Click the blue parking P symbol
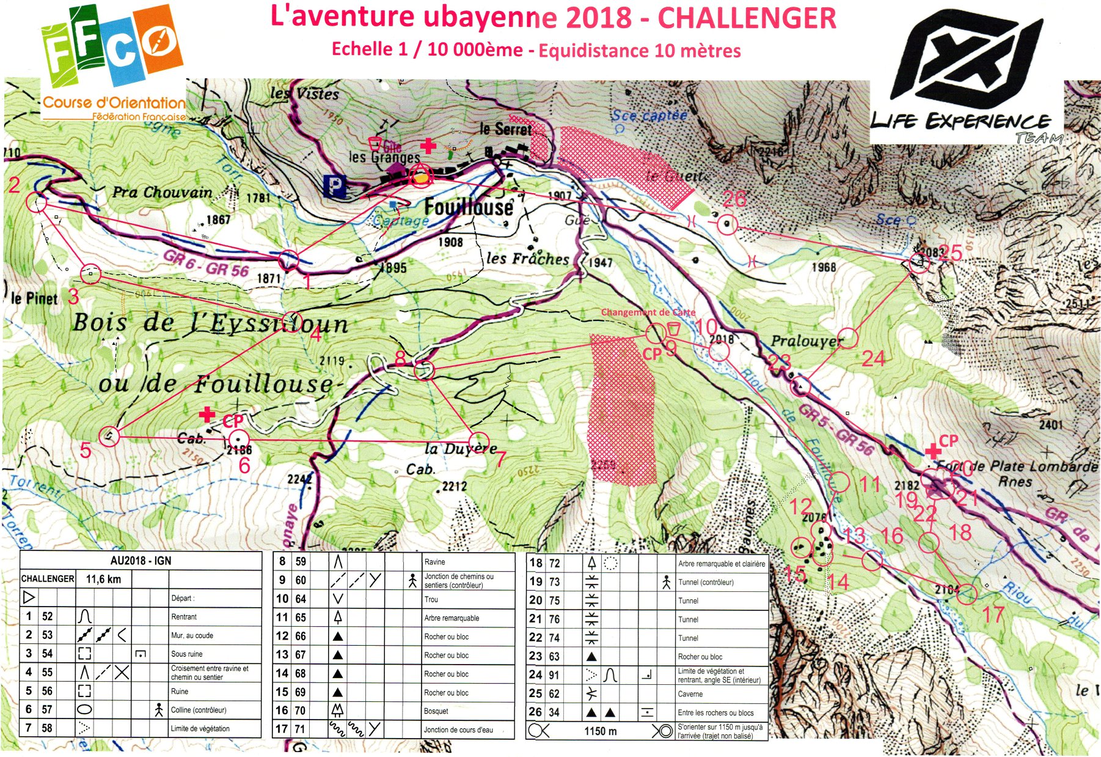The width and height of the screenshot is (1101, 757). (335, 186)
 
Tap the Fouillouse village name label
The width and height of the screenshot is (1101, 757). (469, 208)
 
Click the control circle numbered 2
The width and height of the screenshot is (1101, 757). (37, 202)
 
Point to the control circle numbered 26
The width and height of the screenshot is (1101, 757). (726, 224)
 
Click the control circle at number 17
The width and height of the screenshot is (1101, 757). (966, 593)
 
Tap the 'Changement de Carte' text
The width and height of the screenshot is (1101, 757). (648, 312)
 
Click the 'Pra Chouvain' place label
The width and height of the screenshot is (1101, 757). (162, 192)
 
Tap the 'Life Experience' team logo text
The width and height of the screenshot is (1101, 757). (959, 121)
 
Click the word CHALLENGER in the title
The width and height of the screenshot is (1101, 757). (747, 18)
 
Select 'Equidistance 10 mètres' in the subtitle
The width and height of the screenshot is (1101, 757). (639, 51)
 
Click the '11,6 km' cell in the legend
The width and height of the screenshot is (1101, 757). (103, 579)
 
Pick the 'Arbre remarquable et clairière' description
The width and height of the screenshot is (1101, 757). (721, 564)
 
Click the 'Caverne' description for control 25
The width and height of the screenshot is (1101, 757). (690, 694)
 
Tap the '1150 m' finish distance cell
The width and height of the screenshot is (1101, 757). (600, 731)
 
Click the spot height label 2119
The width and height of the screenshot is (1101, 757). (332, 361)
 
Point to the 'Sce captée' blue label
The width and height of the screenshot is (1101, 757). (649, 115)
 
